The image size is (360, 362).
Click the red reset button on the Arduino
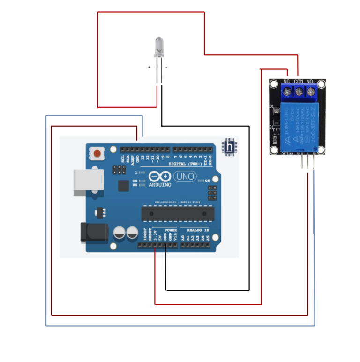[x=97, y=153]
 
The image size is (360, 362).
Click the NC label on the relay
[x=286, y=82]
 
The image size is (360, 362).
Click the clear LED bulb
[x=159, y=46]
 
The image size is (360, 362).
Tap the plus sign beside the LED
[x=150, y=67]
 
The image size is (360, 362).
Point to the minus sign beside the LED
[x=166, y=67]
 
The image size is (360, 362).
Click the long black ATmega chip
[x=175, y=214]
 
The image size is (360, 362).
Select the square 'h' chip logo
[x=229, y=146]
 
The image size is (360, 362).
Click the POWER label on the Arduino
[x=171, y=230]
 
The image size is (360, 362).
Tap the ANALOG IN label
[x=198, y=230]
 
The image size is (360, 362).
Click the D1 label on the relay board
[x=271, y=107]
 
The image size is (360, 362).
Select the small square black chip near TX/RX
[x=123, y=186]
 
